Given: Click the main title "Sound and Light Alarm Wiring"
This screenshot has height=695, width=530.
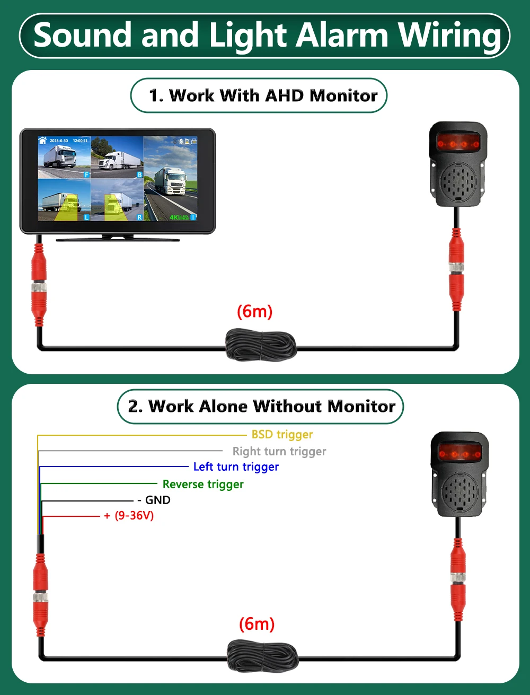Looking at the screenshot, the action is pos(265,36).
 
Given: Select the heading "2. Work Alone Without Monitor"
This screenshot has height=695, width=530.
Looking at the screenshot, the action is pos(261,407).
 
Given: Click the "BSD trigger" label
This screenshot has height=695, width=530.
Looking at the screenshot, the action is pos(282,435).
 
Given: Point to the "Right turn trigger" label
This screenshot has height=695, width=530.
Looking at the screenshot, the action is pos(279,452).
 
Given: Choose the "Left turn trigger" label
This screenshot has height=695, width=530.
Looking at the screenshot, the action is pos(236,467).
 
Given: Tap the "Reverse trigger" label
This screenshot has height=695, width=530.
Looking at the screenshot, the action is pos(203,485).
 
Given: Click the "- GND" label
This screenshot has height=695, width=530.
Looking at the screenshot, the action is pos(154,500).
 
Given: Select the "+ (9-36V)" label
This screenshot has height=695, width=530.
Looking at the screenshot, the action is pos(129,516).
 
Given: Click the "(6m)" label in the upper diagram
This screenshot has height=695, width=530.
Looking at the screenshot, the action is pos(254,311).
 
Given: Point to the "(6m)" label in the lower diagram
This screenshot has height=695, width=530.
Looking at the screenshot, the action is pos(257,624).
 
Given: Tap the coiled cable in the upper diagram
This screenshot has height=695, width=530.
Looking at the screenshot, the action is pos(261,345).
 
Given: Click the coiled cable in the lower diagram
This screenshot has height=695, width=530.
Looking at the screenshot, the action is pos(262,657).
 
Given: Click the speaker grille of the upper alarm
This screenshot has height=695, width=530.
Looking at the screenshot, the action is pos(458,181).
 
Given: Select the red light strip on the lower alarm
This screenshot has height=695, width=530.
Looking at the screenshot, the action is pos(460,454).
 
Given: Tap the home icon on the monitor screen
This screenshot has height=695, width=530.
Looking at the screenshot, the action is pos(43,140).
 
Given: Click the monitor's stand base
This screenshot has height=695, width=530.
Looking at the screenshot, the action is pos(118,239).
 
